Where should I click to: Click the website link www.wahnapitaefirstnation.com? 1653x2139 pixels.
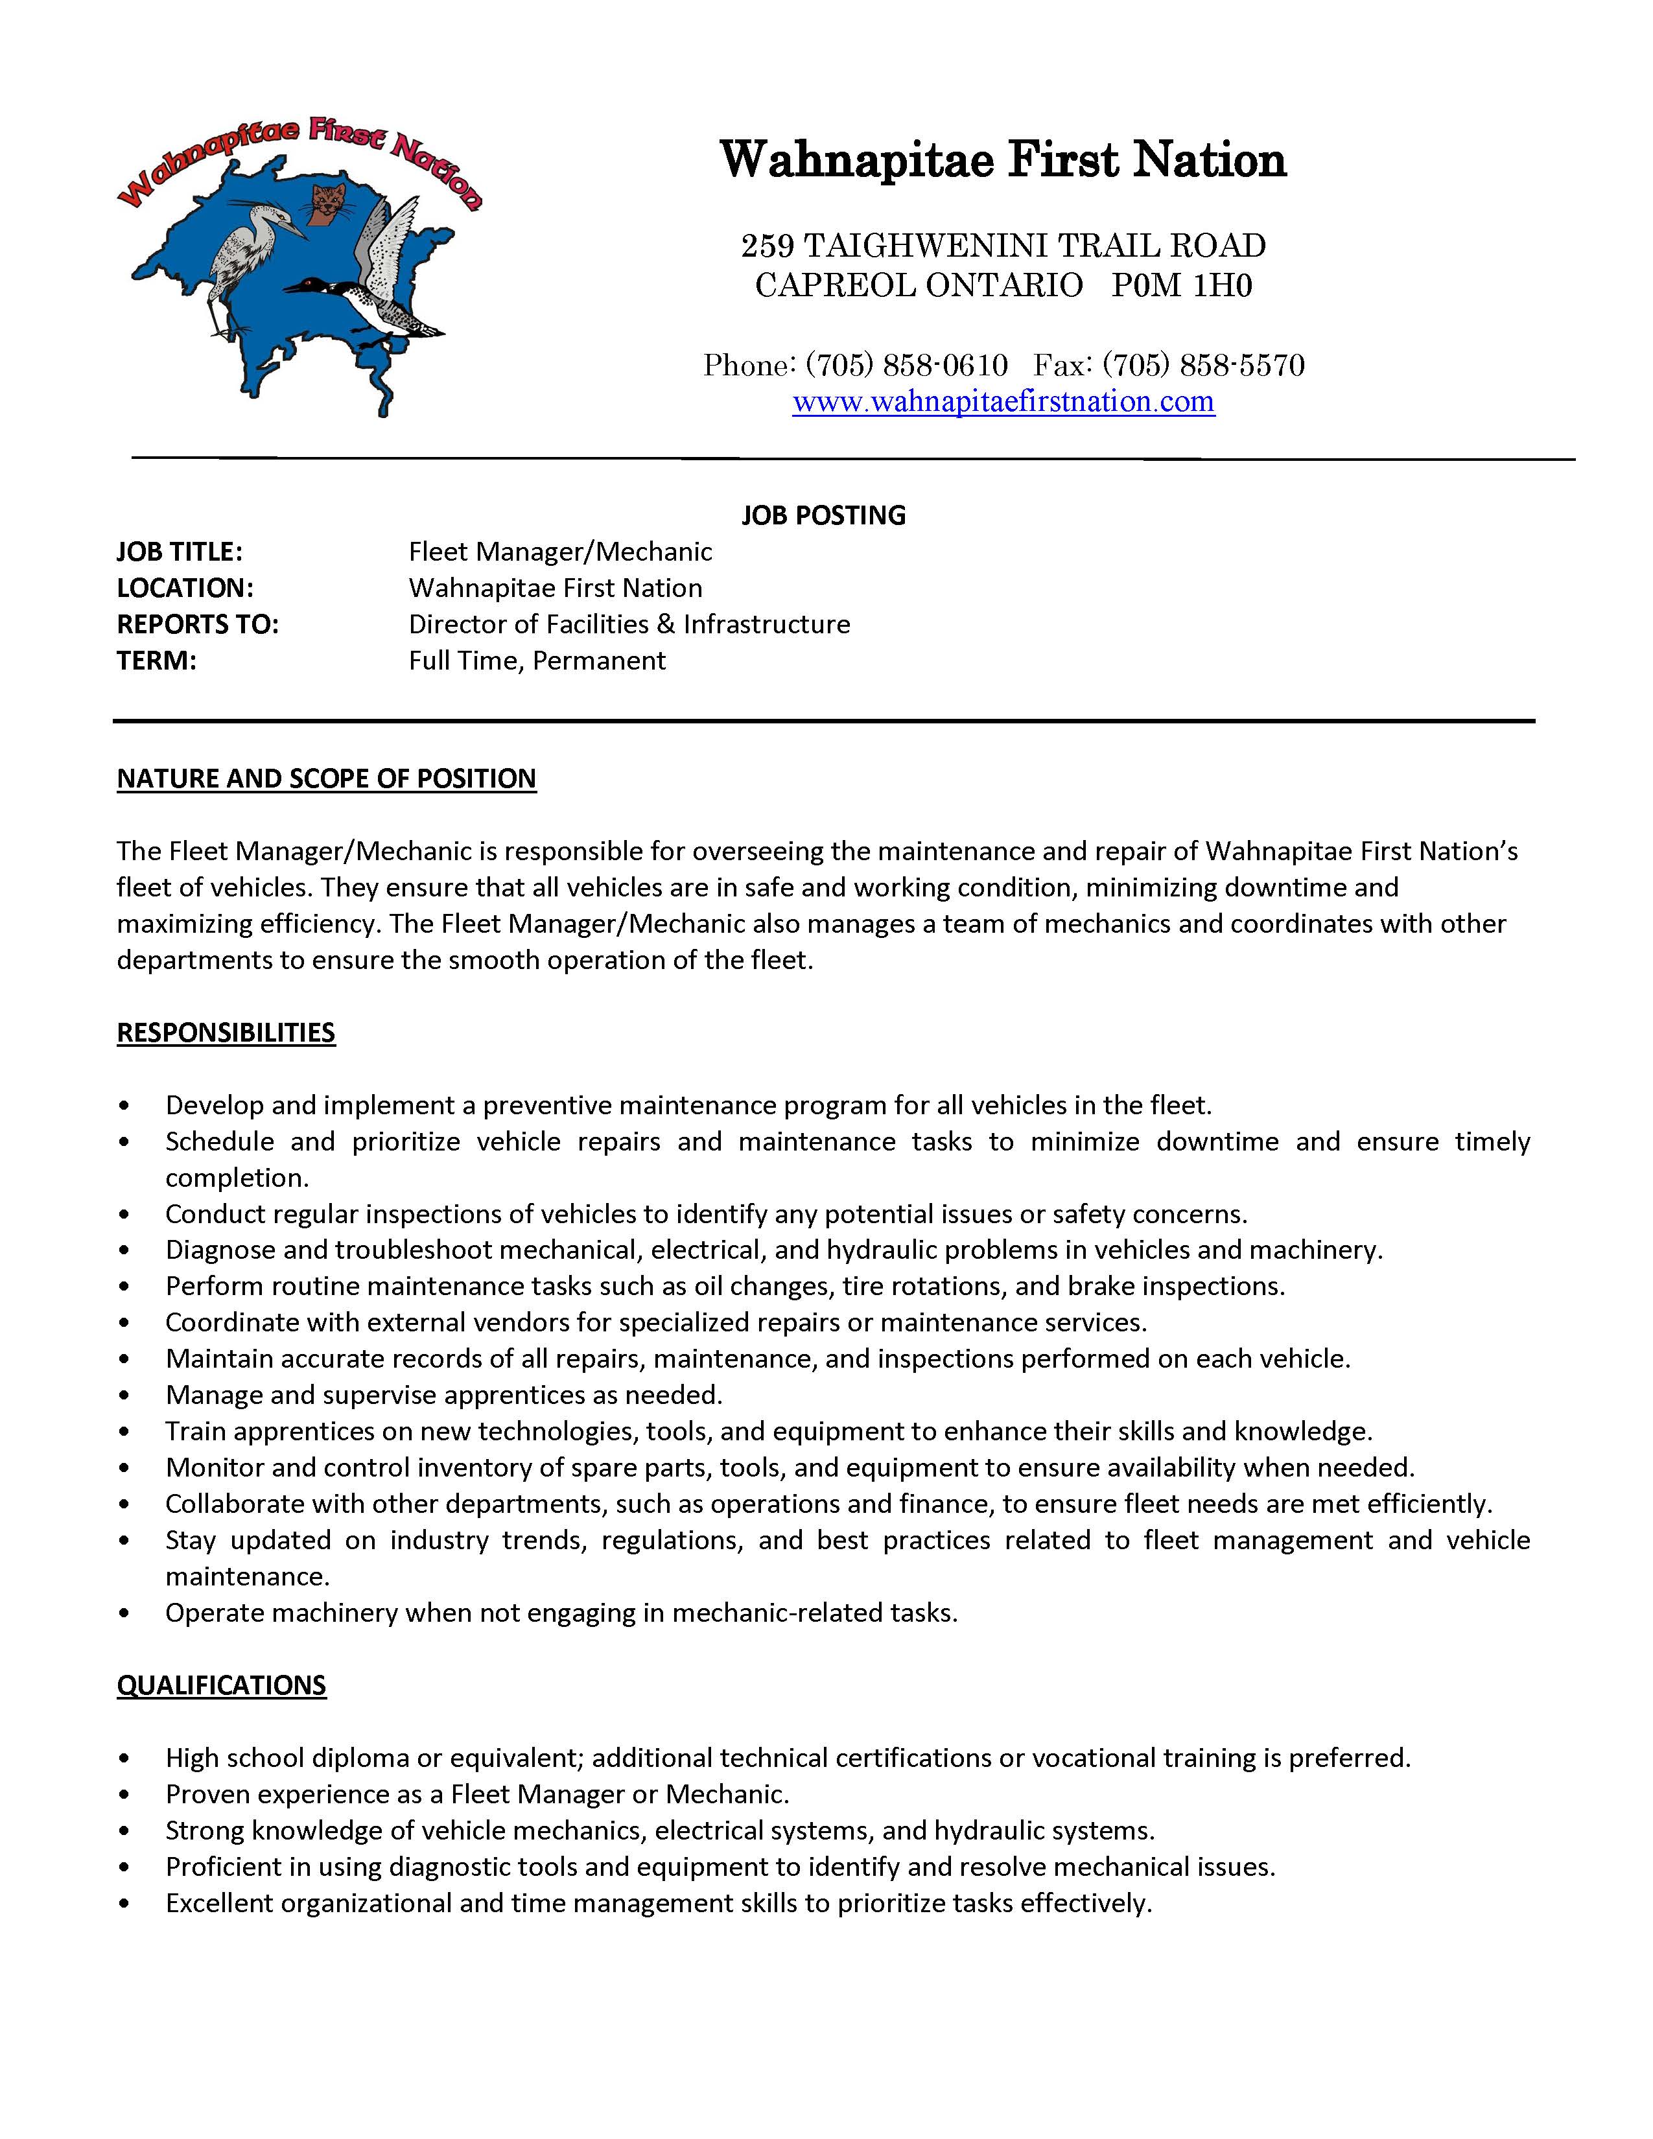tap(1003, 402)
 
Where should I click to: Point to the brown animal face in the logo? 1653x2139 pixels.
tap(326, 203)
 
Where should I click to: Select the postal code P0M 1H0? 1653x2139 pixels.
tap(1182, 285)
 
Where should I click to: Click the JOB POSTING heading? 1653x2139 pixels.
tap(823, 515)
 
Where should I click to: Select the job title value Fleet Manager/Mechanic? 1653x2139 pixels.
tap(560, 552)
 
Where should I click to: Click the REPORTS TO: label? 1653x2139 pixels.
tap(198, 624)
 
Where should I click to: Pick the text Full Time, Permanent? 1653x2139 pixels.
tap(537, 660)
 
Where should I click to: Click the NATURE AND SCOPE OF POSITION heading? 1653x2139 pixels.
tap(326, 778)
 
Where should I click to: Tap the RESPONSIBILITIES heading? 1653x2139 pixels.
tap(226, 1033)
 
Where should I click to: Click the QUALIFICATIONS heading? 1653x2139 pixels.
tap(221, 1685)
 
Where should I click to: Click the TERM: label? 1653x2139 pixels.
tap(157, 660)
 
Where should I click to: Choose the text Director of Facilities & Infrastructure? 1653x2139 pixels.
tap(629, 624)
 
